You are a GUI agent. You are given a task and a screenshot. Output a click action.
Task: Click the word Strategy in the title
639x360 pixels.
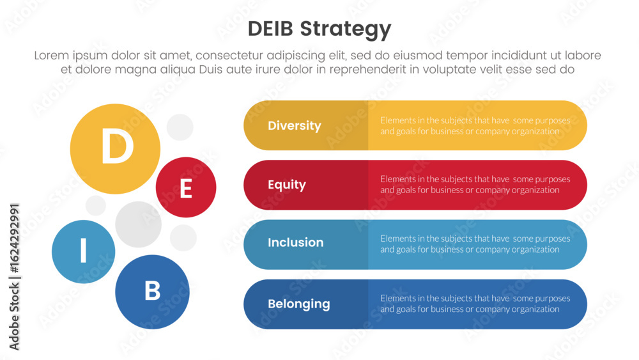pos(346,30)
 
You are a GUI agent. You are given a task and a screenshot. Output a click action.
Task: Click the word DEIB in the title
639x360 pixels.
pos(270,29)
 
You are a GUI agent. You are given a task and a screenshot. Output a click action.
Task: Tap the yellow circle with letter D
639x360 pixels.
pos(115,149)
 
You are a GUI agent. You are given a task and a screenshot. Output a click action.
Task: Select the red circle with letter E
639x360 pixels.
pos(186,187)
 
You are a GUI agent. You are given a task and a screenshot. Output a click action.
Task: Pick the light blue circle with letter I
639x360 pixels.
pos(84,251)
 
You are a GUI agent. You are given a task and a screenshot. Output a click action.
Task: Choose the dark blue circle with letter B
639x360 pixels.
pos(153,292)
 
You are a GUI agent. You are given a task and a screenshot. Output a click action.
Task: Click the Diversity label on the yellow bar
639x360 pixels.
pos(294,125)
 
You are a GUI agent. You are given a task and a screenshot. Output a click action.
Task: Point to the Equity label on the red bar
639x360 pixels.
pos(287,185)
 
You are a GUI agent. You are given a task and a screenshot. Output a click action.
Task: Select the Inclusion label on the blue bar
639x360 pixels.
pos(295,242)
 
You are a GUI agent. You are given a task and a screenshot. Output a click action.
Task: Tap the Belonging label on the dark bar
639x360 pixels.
pos(298,304)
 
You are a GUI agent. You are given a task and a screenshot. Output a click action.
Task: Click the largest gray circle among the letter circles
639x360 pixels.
pos(139,224)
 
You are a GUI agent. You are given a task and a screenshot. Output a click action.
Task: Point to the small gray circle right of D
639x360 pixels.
pos(180,127)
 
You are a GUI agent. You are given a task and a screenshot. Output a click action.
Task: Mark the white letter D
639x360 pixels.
pos(118,146)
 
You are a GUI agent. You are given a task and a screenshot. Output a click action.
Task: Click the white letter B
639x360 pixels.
pos(153,291)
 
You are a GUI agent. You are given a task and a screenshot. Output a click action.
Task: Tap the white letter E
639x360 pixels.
pos(186,189)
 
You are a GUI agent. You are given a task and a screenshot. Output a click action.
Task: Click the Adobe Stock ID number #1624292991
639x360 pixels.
pos(14,238)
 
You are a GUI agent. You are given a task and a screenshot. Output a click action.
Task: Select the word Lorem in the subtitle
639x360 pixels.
pos(52,56)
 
